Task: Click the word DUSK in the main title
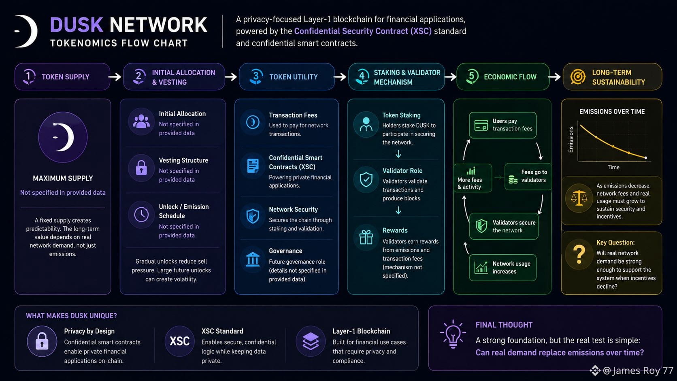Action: pyautogui.click(x=77, y=25)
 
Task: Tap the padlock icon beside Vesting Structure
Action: pyautogui.click(x=141, y=168)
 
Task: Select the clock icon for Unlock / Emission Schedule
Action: pyautogui.click(x=141, y=215)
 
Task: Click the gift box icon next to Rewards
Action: pyautogui.click(x=366, y=237)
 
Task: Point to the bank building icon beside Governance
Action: pyautogui.click(x=253, y=259)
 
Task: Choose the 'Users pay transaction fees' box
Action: pyautogui.click(x=502, y=125)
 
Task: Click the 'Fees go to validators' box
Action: pyautogui.click(x=528, y=177)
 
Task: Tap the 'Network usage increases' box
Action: pyautogui.click(x=502, y=268)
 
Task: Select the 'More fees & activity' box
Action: pyautogui.click(x=473, y=178)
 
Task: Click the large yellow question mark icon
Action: pyautogui.click(x=579, y=254)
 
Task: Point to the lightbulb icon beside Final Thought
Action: pyautogui.click(x=453, y=334)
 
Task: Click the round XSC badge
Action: pyautogui.click(x=179, y=341)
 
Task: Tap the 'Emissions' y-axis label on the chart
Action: pyautogui.click(x=571, y=140)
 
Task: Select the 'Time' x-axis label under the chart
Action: pyautogui.click(x=613, y=167)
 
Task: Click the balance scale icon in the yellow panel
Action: pyautogui.click(x=579, y=198)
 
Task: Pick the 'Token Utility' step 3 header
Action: pyautogui.click(x=287, y=77)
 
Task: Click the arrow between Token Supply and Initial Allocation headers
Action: pyautogui.click(x=115, y=77)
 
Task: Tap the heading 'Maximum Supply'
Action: pyautogui.click(x=63, y=178)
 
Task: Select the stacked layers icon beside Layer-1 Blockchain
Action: pyautogui.click(x=311, y=341)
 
